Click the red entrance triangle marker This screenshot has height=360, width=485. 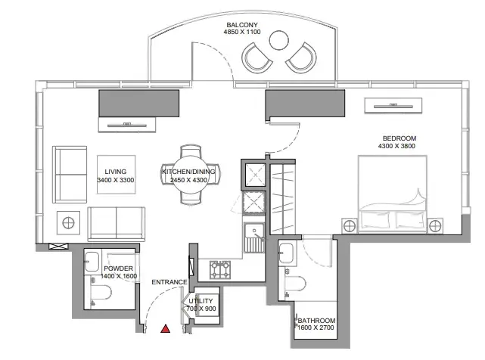coord(166,329)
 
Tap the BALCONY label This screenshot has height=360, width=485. coord(242,25)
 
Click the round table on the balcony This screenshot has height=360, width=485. coord(278,40)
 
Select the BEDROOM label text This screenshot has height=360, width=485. coord(400,138)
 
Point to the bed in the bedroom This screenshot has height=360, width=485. coord(393,194)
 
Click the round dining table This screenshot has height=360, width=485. coord(190,175)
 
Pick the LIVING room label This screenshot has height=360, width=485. coord(115,172)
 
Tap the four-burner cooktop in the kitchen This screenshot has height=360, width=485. coord(220,269)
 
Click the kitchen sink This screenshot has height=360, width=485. coord(254,237)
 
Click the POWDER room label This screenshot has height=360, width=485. coord(119,268)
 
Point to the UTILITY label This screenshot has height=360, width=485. coord(201,301)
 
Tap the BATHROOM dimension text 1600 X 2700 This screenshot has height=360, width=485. coord(316,327)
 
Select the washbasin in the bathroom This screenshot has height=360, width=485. coord(285,253)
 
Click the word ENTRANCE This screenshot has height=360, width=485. coord(169,282)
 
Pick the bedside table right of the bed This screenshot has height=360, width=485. coord(435,226)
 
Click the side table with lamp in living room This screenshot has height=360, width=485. coord(68,222)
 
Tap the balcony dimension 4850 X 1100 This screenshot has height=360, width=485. coord(242,32)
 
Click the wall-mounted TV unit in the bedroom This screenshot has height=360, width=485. coord(393,106)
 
